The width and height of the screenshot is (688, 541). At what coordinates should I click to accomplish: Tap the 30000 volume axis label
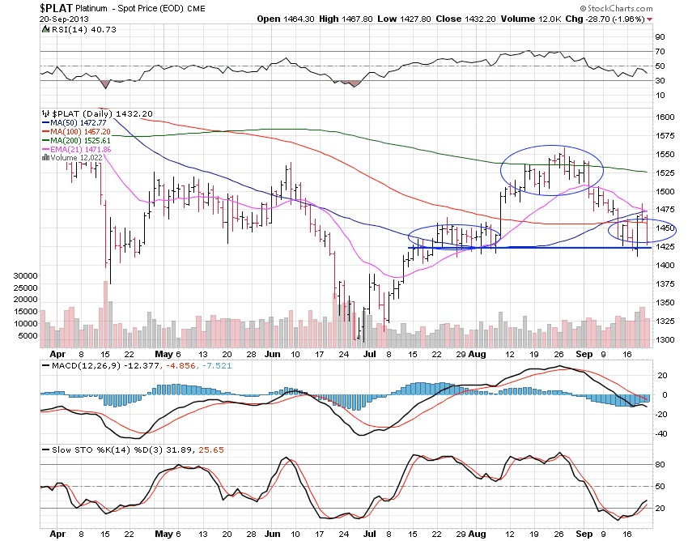pos(27,276)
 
